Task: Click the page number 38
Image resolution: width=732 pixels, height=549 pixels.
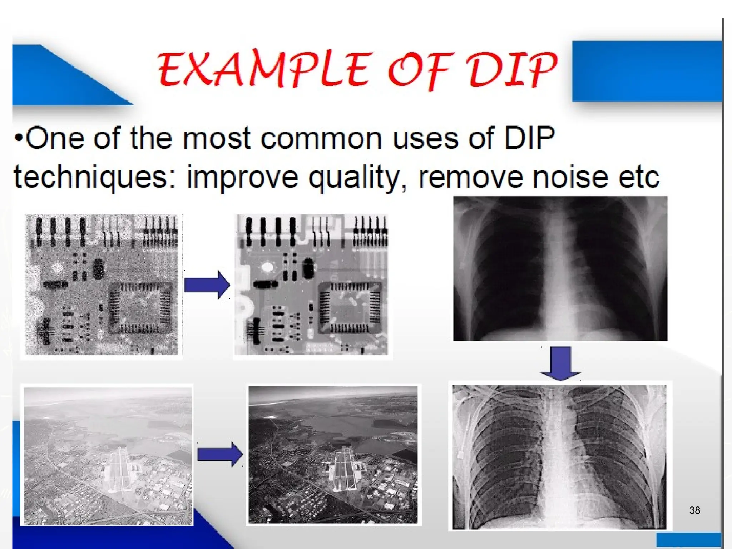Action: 694,510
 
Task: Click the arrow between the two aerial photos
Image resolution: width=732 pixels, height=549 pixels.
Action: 220,454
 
